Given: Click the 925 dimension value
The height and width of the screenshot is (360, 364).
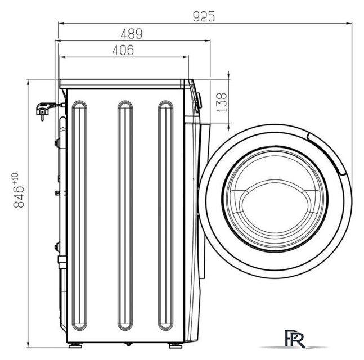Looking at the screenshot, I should coord(204,16).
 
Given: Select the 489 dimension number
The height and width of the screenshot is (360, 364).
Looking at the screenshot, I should coord(131,33).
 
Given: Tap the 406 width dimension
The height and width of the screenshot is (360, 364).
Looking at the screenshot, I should coord(122,51).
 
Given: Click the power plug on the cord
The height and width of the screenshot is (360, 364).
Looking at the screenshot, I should coord(42,110).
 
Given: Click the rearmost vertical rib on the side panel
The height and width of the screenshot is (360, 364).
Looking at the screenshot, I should coord(79,214).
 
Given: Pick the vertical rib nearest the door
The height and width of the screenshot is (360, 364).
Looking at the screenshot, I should coord(164,214).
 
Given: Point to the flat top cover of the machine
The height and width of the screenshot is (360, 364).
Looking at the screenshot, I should coord(124,83).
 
